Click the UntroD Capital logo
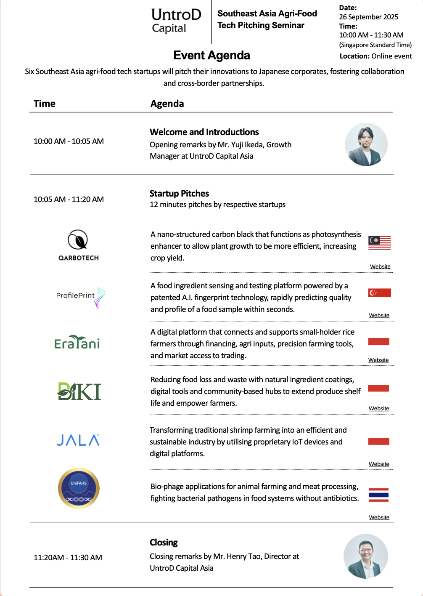[176, 21]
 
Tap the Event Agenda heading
[211, 55]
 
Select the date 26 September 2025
[368, 17]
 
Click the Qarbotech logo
[78, 245]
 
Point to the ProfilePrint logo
[80, 296]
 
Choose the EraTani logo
[77, 343]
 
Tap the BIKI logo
[79, 391]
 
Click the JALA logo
[78, 440]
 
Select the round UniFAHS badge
[79, 488]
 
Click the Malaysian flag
[380, 243]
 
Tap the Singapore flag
[380, 293]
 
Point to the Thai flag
[378, 495]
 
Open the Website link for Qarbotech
[380, 266]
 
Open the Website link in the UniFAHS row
[379, 517]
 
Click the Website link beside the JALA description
[379, 464]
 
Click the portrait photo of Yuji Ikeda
[366, 144]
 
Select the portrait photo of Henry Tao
[365, 556]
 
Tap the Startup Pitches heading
[179, 194]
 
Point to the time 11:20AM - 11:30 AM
[68, 558]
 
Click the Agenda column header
[167, 104]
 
